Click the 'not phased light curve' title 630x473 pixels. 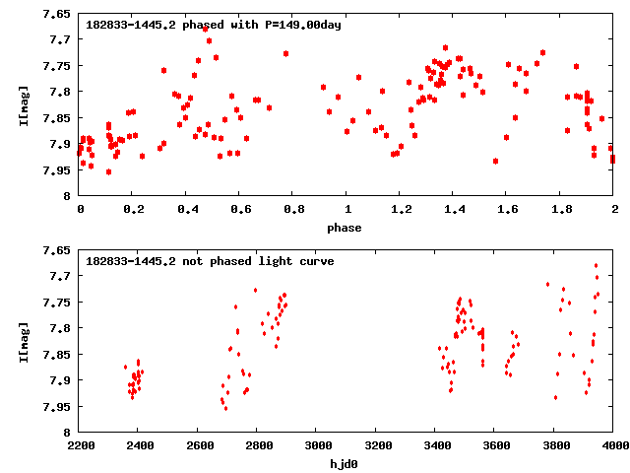210,261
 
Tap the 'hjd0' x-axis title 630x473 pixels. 346,464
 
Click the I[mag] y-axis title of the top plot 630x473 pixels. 24,104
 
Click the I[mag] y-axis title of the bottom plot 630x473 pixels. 24,341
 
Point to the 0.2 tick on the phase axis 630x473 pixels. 133,209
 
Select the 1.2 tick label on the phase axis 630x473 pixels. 401,209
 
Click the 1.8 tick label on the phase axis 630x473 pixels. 561,209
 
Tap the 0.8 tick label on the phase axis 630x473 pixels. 293,209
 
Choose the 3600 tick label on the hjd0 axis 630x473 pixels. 495,445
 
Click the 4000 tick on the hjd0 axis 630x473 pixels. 614,445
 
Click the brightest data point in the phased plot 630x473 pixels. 205,29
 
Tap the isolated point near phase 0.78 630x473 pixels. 285,53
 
